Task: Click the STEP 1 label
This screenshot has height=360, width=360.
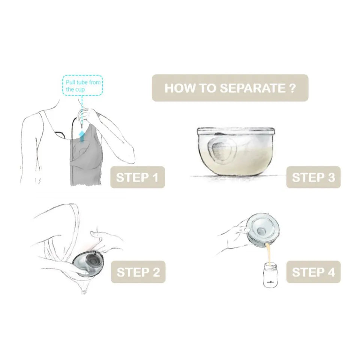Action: [138, 177]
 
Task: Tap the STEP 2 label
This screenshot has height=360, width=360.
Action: [138, 272]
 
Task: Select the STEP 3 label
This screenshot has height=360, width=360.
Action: [313, 177]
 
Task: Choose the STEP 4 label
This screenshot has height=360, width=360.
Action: [313, 272]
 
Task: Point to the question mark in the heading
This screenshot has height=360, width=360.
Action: [292, 88]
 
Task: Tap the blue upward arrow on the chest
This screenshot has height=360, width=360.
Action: [82, 136]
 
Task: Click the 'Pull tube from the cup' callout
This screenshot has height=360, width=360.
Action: [82, 85]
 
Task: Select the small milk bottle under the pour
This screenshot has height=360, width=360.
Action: [270, 275]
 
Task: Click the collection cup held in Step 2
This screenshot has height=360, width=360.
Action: [88, 263]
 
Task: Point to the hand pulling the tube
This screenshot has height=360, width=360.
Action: [88, 115]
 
